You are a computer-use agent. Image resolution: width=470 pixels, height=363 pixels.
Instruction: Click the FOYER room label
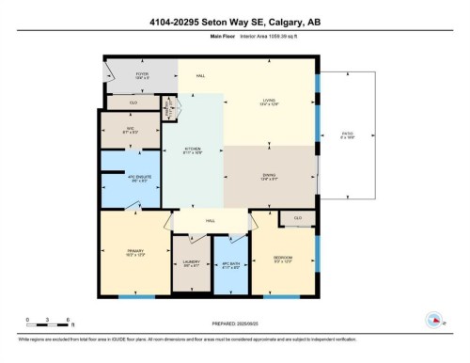143,75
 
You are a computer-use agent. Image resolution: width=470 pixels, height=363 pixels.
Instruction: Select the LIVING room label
270,103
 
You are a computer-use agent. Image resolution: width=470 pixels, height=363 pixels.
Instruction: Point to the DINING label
270,178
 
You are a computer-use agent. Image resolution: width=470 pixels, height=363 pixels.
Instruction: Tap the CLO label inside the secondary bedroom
298,218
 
